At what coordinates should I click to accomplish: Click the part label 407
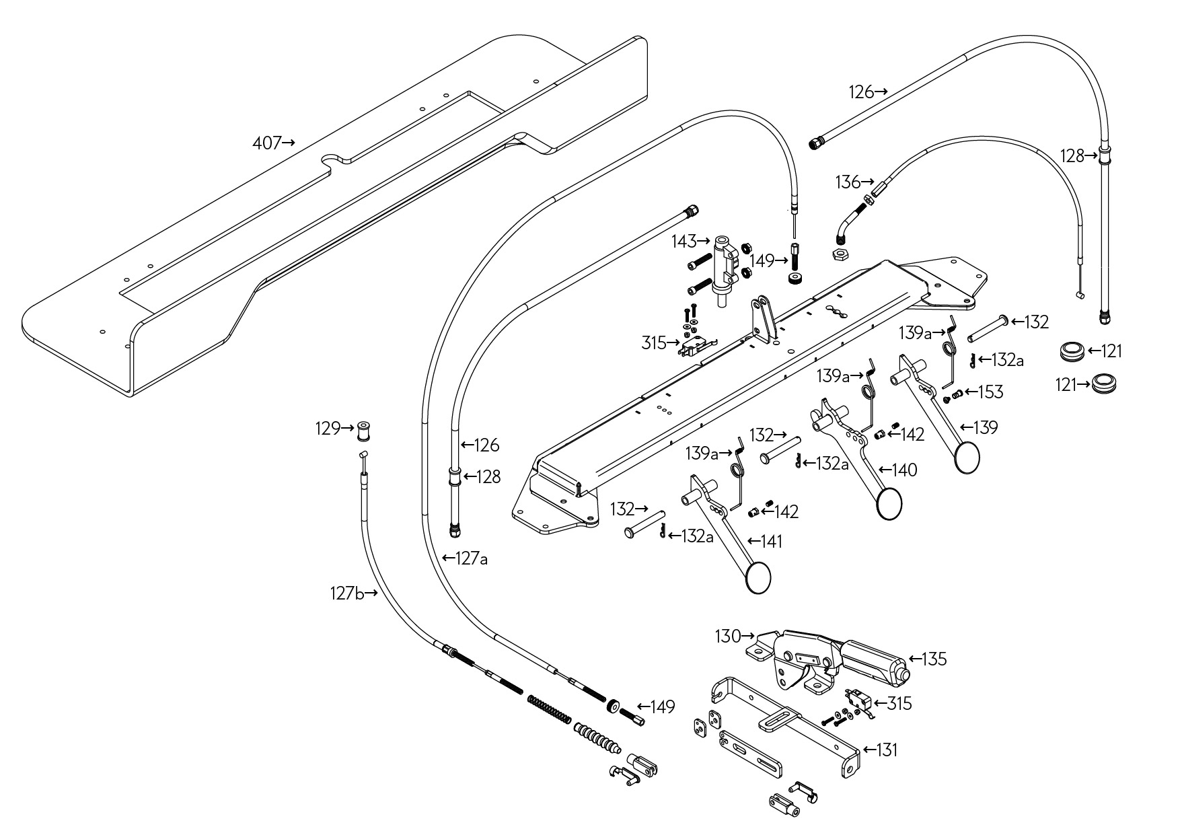[266, 143]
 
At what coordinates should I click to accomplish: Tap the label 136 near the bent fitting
[848, 182]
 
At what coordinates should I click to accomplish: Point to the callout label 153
[991, 392]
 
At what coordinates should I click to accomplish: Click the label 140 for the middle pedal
[905, 470]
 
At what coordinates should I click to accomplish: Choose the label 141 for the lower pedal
[771, 541]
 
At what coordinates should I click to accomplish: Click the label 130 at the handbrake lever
[727, 636]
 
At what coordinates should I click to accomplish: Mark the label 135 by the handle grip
[934, 659]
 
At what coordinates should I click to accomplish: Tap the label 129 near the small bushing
[328, 428]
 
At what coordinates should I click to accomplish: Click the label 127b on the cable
[347, 593]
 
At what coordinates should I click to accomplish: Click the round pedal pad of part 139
[967, 458]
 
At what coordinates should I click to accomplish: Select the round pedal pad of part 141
[759, 578]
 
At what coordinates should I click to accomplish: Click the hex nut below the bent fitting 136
[838, 254]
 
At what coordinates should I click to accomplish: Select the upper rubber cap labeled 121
[1071, 351]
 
